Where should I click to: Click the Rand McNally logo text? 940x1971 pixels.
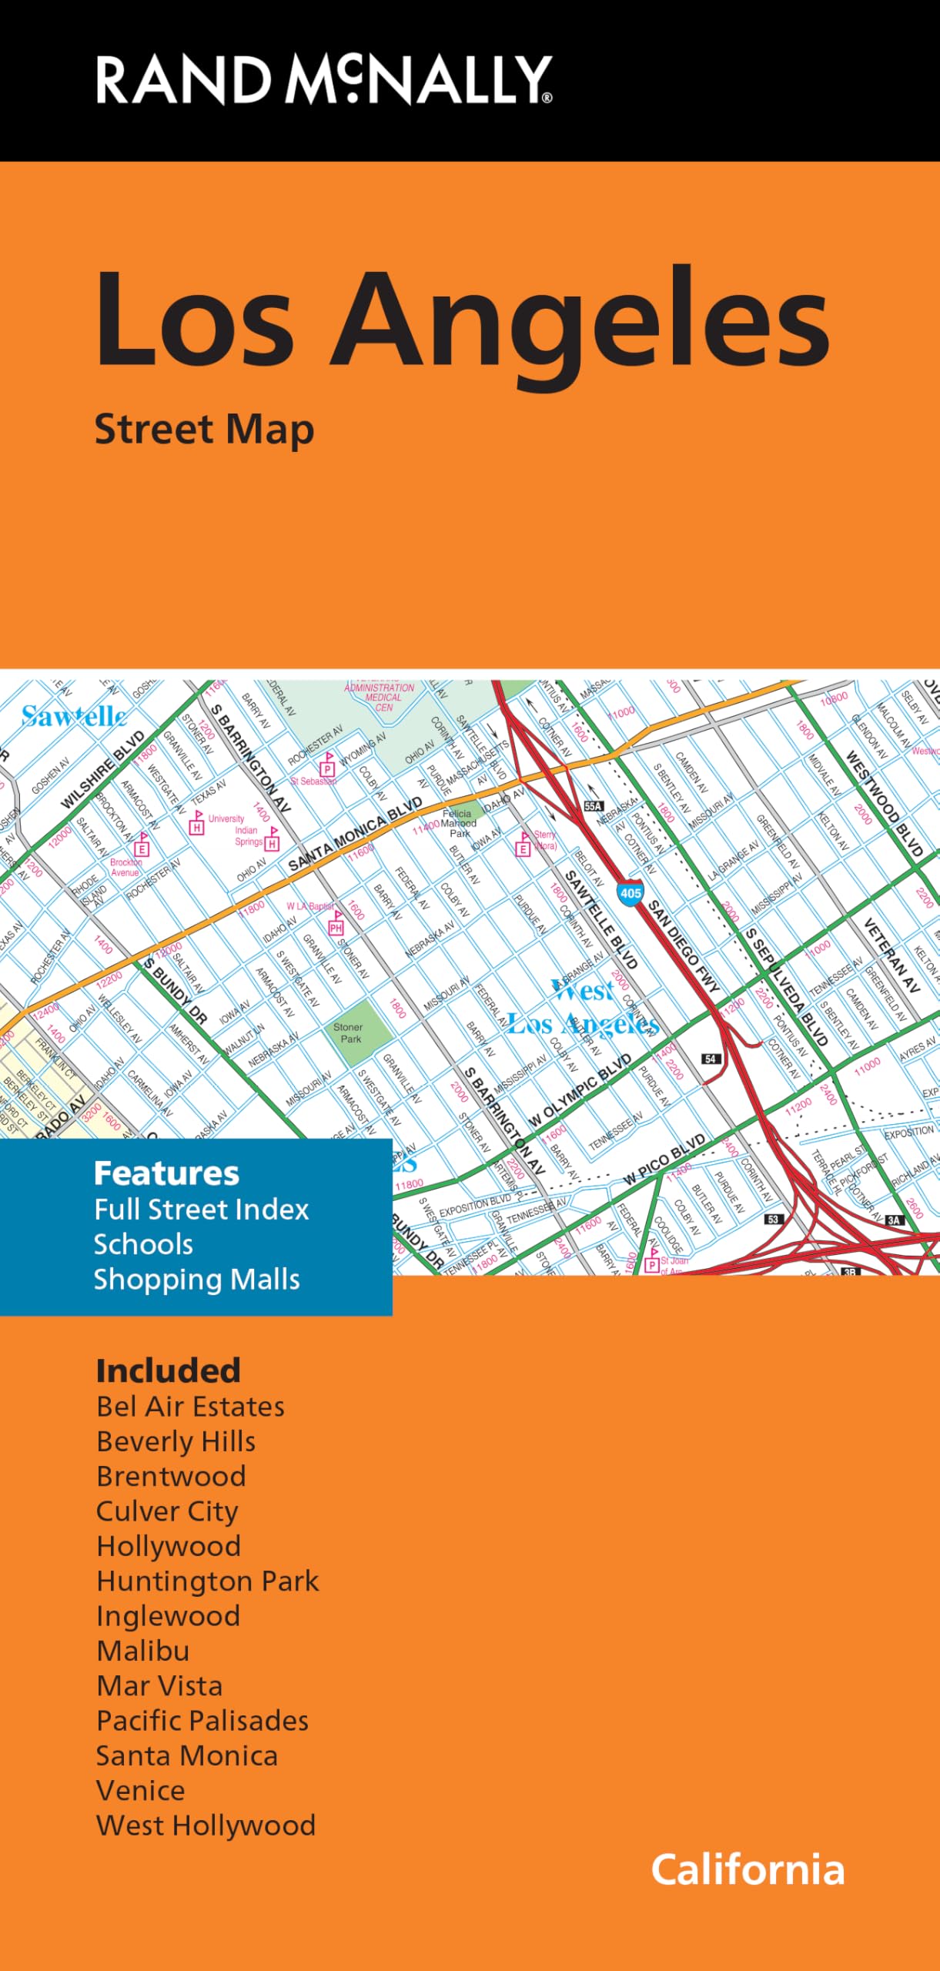[x=324, y=79]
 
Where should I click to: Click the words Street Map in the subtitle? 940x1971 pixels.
[x=204, y=430]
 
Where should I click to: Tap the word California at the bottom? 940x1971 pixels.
[x=748, y=1869]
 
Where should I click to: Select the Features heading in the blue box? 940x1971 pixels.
[x=166, y=1173]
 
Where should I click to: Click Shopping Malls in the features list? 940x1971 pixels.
[x=196, y=1279]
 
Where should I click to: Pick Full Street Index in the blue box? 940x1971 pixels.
[x=201, y=1209]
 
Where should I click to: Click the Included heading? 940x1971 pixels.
[x=168, y=1371]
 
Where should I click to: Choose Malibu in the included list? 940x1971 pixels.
[x=142, y=1650]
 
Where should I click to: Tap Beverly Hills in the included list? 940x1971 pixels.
[x=176, y=1441]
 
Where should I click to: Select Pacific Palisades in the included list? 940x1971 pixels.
[x=202, y=1720]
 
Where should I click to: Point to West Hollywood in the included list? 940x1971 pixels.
[x=206, y=1825]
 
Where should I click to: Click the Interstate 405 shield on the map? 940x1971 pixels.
[x=630, y=893]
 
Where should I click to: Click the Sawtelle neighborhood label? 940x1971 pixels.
[x=73, y=717]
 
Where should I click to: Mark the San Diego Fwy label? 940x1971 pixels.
[x=683, y=945]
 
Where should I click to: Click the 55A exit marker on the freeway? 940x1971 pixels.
[x=593, y=806]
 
